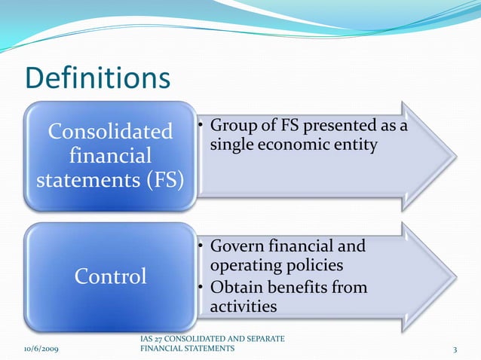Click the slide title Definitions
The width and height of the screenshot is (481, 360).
point(98,78)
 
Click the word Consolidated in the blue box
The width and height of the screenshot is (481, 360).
point(110,133)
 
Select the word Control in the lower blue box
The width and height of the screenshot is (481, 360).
point(110,276)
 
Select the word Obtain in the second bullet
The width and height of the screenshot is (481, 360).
point(237,287)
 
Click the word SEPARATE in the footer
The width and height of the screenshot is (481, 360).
point(262,340)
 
